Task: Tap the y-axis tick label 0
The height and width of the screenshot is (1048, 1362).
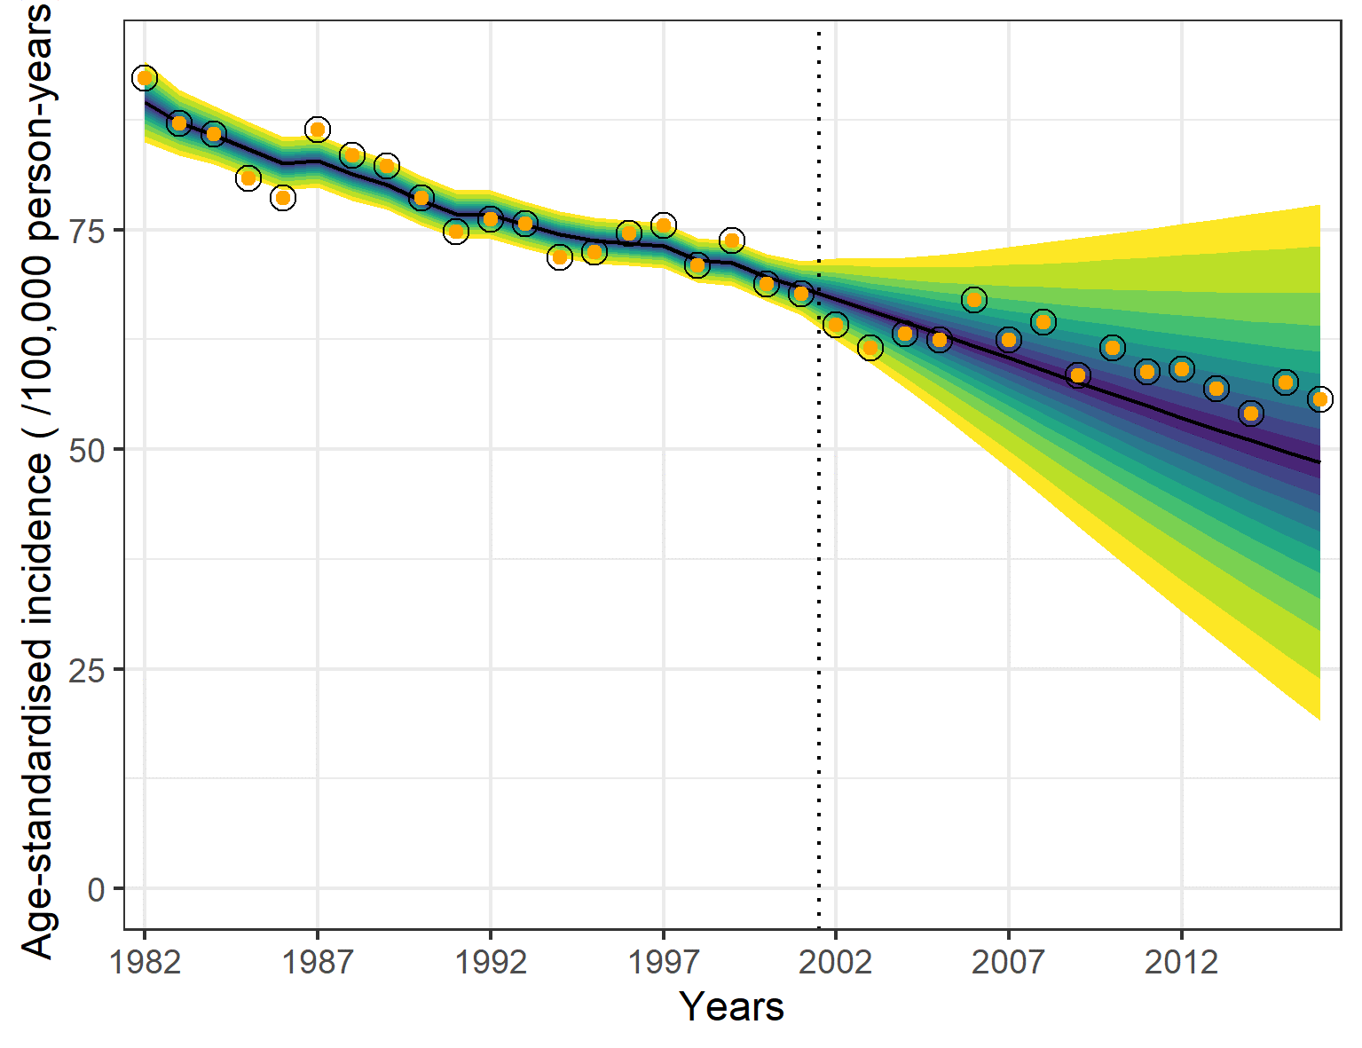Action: point(96,889)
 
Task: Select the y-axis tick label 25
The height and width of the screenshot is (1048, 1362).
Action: point(86,669)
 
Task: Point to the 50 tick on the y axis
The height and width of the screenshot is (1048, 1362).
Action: point(86,450)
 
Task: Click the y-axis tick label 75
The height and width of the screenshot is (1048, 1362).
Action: point(86,231)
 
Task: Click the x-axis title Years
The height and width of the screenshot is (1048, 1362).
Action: point(732,1007)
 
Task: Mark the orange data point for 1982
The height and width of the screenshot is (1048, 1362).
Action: point(145,78)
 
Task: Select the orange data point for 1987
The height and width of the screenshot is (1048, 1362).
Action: point(318,130)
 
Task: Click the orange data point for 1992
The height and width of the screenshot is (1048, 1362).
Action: point(491,218)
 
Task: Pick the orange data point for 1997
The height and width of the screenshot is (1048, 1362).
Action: point(663,225)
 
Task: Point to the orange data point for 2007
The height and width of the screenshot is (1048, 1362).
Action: point(1008,339)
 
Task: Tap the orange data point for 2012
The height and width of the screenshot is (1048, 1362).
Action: point(1181,369)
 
